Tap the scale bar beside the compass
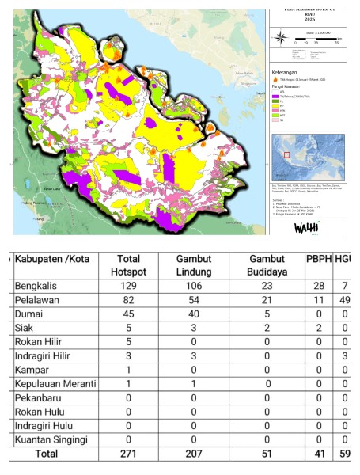click(315, 37)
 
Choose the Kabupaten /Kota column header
click(55, 260)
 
